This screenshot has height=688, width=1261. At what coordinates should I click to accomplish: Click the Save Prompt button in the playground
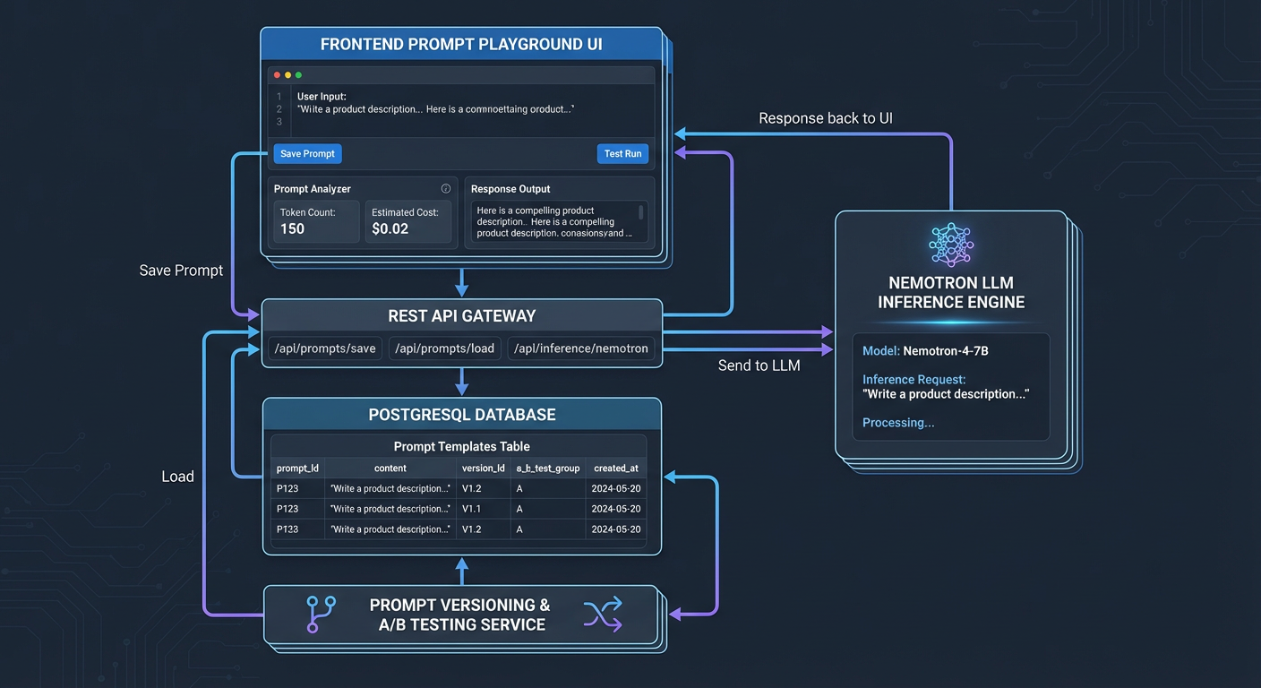point(307,154)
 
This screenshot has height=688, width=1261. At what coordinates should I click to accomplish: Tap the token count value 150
point(293,228)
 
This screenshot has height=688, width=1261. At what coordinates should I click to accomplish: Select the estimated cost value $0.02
point(390,228)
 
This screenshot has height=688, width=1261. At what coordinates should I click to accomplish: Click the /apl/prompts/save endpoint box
point(325,348)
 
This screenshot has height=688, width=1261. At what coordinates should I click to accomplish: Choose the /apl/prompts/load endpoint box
point(445,348)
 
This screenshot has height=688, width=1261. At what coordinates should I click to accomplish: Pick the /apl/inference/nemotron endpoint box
point(581,348)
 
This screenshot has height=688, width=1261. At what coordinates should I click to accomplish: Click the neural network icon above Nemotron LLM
point(951,245)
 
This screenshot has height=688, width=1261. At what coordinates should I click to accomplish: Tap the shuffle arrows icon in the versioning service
point(603,615)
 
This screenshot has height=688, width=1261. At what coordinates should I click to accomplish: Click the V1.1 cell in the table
point(472,509)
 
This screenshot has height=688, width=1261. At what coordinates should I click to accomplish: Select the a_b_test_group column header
point(548,468)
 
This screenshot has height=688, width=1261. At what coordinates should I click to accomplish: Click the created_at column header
point(616,468)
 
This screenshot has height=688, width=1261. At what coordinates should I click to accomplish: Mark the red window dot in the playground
point(278,75)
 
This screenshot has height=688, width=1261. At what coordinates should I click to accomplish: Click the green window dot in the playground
point(299,75)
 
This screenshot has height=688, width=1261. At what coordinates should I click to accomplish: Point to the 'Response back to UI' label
point(825,118)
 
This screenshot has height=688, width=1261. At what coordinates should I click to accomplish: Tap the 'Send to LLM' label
point(759,365)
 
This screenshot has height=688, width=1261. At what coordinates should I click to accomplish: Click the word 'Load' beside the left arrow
point(177,477)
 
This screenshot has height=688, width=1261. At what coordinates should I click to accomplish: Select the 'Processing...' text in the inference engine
point(898,423)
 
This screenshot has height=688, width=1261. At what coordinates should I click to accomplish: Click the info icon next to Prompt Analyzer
point(446,189)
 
